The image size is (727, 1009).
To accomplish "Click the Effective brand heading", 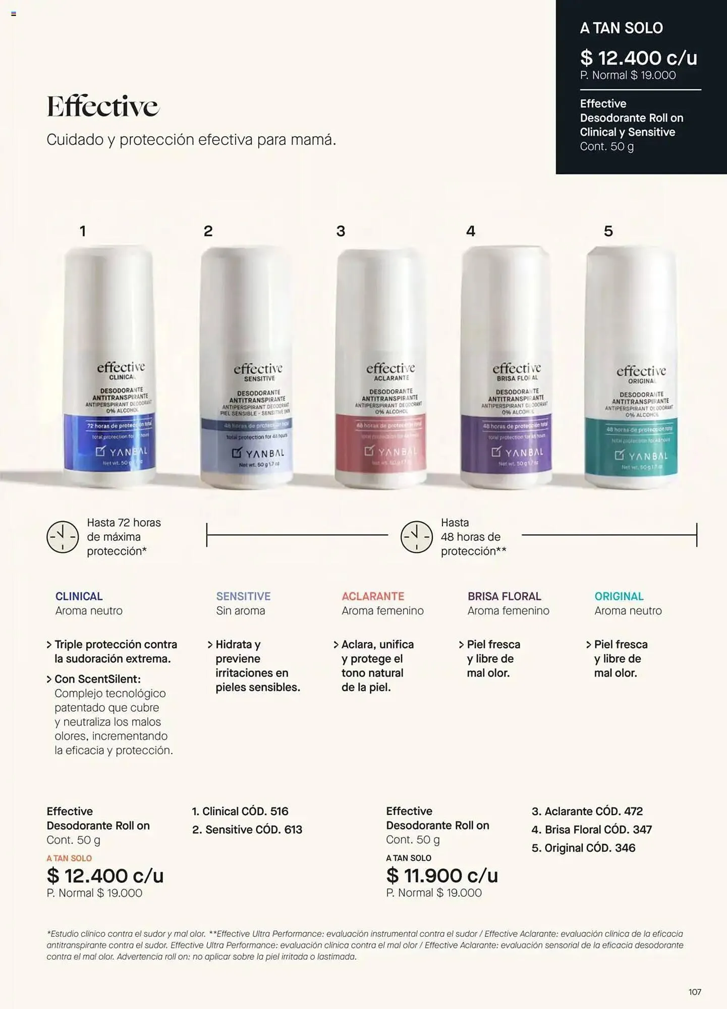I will point(103,106).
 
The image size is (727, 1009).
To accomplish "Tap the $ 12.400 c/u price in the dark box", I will point(638,58).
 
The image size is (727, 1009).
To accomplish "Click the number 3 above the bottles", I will point(341,231).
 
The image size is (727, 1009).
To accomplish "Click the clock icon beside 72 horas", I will point(63,537).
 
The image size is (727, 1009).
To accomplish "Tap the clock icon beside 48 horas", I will point(417,537).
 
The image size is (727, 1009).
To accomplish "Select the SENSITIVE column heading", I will point(243,596).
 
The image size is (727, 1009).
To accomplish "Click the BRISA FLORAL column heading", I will point(504,596).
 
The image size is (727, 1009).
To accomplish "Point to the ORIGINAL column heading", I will point(619,596).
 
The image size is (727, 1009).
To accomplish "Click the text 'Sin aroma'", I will point(240,610).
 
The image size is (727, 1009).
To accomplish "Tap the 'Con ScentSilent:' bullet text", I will point(97,679).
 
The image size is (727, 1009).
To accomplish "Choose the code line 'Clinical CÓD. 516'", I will point(240,811).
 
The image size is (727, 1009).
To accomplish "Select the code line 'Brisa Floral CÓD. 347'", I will point(592,829).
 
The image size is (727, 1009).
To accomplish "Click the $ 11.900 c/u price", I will point(442,875).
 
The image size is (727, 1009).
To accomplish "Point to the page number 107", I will point(695,992).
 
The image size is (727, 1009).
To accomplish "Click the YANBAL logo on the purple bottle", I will point(517,452).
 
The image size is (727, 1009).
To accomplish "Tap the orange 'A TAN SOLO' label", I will point(69,858).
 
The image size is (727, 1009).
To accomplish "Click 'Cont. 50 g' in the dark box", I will point(606,146).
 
